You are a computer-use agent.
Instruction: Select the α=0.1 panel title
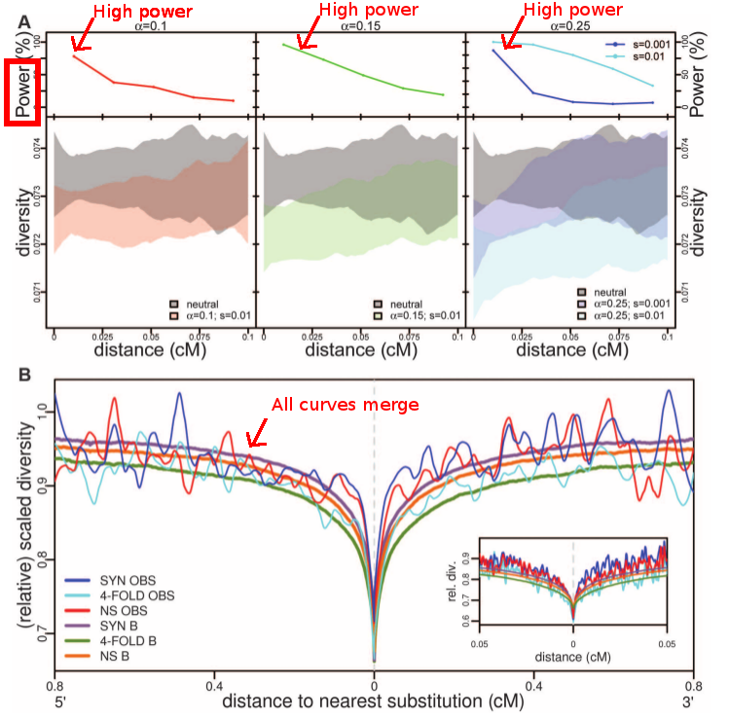[150, 27]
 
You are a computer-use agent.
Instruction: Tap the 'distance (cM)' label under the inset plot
[574, 658]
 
